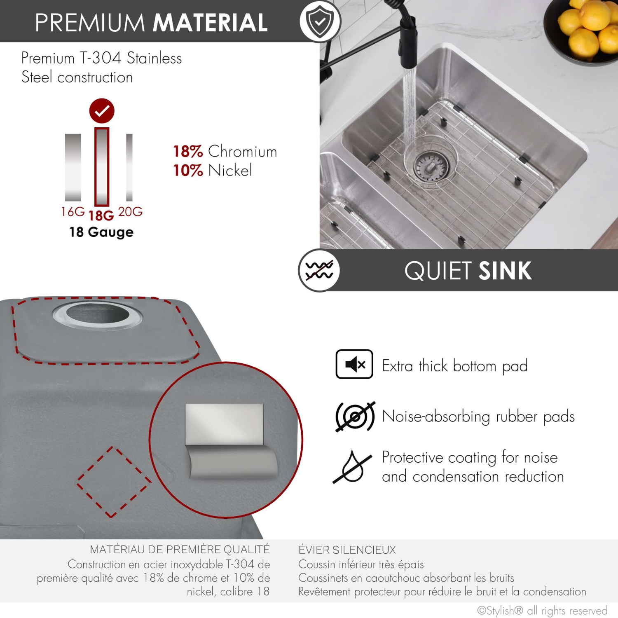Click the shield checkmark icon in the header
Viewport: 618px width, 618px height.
320,21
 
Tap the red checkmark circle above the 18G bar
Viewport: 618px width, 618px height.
102,111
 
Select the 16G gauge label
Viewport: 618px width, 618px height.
73,212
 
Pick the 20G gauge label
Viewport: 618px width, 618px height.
130,212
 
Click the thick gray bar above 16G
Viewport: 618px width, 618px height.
73,167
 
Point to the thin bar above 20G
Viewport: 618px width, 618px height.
129,167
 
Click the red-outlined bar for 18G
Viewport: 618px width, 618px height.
102,167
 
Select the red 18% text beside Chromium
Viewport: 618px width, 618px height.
188,152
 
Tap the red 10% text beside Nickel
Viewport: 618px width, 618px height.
188,171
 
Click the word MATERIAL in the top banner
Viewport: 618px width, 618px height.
211,23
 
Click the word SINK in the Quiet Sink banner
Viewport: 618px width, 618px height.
505,271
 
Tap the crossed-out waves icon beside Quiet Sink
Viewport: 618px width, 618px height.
319,271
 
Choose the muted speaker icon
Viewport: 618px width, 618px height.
354,364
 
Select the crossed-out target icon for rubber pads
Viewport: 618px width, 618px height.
355,416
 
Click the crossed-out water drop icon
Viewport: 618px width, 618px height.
352,467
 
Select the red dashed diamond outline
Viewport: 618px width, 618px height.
112,482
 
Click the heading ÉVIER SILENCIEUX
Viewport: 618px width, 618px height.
347,550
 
